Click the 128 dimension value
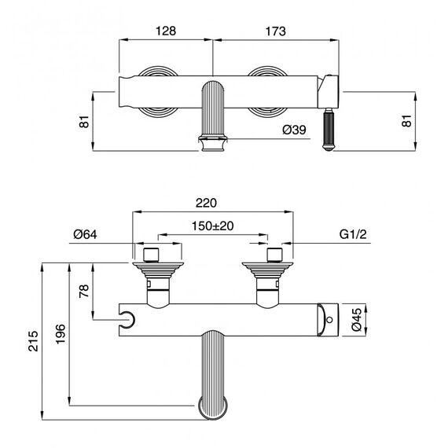[x=166, y=31]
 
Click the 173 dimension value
[x=275, y=31]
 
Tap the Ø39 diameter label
[x=294, y=130]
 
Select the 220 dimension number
[x=206, y=203]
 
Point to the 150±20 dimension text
[x=212, y=226]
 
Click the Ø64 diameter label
[x=85, y=234]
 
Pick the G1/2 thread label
[x=353, y=234]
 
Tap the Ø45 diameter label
[x=357, y=319]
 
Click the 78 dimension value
[x=84, y=291]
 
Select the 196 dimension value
[x=61, y=334]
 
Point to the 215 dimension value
[x=33, y=341]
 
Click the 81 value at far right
[x=406, y=121]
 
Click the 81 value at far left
[x=84, y=122]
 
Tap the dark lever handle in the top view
[x=329, y=129]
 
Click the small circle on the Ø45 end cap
[x=329, y=320]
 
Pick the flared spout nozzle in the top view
[x=213, y=143]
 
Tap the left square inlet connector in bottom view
[x=151, y=255]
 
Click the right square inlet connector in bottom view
[x=274, y=255]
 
